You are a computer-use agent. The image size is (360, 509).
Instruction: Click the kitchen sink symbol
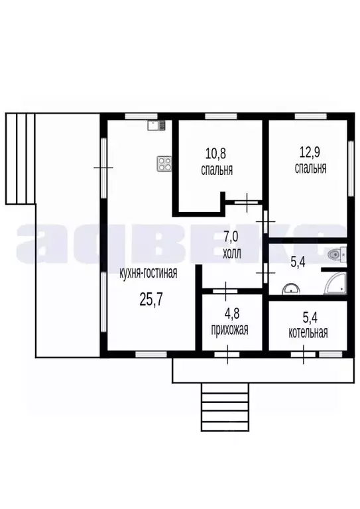156,125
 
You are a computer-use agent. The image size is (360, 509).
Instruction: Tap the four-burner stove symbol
164,164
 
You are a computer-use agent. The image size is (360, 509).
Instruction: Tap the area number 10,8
216,153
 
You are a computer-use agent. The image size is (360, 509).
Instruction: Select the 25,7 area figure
150,300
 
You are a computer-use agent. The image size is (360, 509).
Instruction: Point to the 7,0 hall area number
232,237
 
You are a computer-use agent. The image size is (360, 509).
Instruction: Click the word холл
232,254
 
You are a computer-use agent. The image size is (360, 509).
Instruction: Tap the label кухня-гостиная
149,273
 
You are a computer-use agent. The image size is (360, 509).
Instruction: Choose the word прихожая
230,330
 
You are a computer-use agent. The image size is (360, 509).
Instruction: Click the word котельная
308,333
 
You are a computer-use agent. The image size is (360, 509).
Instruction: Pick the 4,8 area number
232,314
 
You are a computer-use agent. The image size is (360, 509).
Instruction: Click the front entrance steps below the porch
225,407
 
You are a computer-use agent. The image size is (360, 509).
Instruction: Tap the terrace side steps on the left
20,158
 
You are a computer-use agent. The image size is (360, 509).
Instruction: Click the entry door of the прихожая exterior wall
227,355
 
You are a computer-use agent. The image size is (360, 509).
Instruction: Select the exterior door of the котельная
304,355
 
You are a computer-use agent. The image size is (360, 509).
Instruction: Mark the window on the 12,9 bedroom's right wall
351,168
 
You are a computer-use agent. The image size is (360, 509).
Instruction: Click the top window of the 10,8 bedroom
221,116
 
